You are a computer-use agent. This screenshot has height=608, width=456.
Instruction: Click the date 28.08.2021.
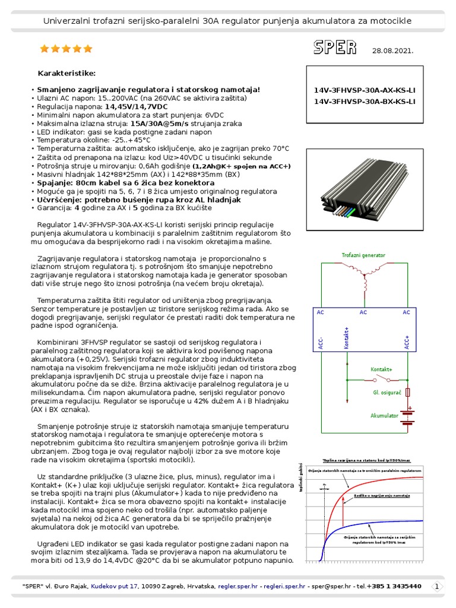point(392,50)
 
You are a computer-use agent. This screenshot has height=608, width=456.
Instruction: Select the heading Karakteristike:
point(66,73)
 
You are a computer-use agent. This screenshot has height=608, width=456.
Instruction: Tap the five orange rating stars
point(66,49)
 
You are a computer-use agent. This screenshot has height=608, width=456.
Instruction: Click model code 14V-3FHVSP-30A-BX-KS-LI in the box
point(365,102)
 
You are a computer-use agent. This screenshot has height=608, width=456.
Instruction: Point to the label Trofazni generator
point(363,255)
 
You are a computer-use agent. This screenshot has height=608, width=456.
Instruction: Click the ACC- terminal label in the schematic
point(321,343)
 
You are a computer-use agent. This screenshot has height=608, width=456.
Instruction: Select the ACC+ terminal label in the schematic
point(407,343)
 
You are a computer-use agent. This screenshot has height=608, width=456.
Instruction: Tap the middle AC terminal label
point(363,312)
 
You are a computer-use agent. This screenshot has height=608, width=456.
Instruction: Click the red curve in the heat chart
point(344,499)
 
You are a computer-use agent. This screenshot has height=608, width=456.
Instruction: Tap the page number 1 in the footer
point(437,586)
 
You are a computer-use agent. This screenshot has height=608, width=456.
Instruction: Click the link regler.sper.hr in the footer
point(238,586)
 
